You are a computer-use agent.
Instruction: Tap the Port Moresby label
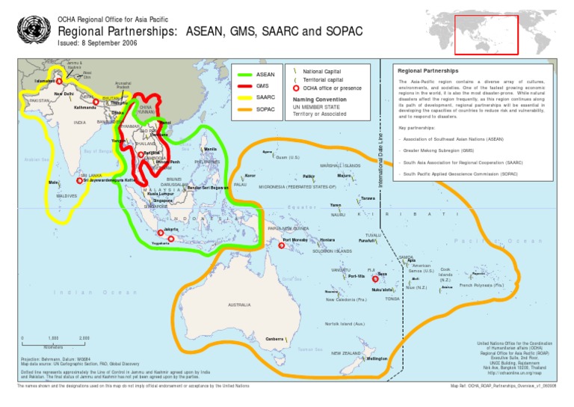295,240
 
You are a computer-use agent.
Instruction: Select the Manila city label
211,150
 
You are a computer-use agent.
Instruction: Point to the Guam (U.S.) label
287,158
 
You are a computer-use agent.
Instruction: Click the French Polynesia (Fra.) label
481,285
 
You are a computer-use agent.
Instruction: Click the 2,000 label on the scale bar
84,339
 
